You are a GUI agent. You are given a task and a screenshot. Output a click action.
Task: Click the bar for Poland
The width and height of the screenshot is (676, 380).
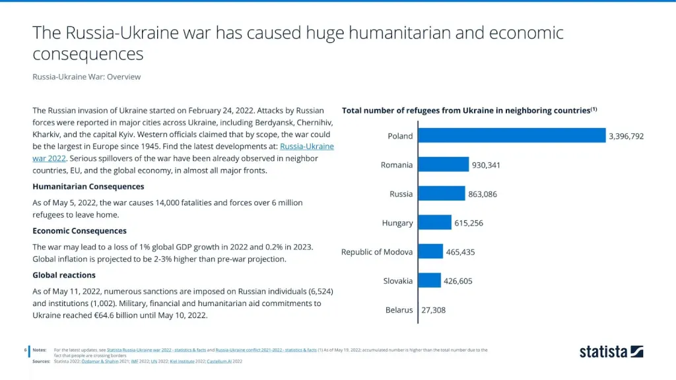pos(512,135)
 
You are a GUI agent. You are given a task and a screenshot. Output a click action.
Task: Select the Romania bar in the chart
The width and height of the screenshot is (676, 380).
pos(443,164)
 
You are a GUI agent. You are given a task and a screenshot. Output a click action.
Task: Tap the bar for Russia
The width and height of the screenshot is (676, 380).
pos(441,193)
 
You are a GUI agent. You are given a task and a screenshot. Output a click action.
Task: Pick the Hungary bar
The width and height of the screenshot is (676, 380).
pos(434,222)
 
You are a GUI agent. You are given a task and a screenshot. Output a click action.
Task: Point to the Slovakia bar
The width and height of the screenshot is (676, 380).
pos(429,280)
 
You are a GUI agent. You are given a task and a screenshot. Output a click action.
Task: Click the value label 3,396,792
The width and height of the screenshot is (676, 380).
pos(626,136)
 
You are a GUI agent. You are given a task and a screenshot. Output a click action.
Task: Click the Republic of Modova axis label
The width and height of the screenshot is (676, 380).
pos(377,251)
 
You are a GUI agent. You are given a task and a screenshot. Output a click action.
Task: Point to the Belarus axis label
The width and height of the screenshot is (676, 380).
pos(399,309)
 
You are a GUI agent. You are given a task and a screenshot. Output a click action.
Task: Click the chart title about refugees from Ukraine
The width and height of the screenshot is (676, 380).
pos(469,110)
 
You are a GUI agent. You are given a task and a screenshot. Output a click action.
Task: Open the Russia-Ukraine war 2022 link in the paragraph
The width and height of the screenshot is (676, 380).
pos(307,146)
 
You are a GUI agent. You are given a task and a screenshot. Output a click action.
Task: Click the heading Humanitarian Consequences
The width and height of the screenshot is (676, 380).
pos(88,186)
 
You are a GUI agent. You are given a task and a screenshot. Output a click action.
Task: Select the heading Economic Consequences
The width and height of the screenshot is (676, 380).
pos(79,230)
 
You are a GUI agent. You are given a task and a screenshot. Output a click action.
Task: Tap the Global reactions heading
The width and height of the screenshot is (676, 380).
pos(64,274)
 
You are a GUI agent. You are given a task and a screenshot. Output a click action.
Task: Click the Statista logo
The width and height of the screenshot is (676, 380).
pos(611,352)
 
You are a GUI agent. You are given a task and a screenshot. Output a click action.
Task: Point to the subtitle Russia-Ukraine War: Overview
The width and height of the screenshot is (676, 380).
pos(86,77)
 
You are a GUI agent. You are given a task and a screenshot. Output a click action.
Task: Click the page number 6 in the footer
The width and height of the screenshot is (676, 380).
pos(25,350)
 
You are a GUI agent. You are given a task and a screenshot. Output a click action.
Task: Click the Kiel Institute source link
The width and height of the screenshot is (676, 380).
pos(182,362)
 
